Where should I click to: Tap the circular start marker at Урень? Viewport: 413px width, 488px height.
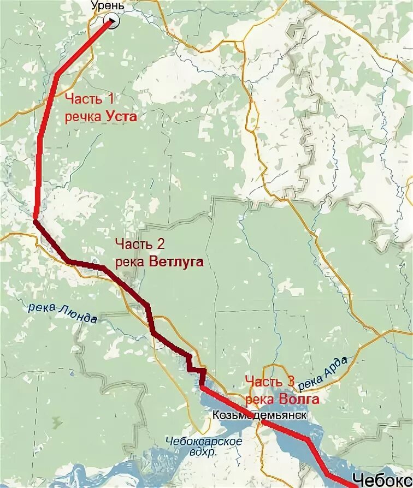pos(111,21)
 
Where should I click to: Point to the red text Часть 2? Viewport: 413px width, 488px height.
pos(140,244)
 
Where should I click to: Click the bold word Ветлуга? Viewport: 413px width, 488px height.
pos(176,262)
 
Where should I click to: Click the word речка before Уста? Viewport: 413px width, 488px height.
pos(84,116)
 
